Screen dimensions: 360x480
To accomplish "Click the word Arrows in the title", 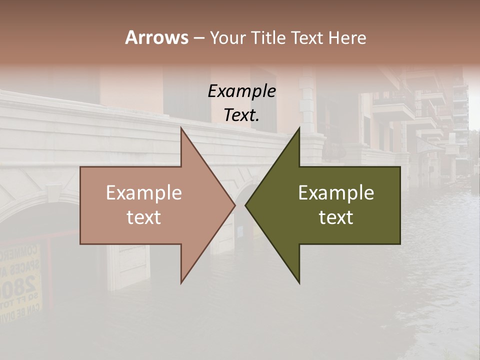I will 156,37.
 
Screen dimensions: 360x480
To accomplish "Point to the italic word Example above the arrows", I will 241,91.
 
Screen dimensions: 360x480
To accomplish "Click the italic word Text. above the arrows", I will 241,115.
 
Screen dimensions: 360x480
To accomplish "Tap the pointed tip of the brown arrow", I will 234,205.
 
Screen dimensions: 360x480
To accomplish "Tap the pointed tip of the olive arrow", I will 246,205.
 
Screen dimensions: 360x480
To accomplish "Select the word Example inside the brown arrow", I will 144,193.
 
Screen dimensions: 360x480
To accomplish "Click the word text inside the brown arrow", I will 144,217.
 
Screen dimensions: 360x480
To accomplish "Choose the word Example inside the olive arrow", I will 336,193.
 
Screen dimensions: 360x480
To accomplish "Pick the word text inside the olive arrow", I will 336,217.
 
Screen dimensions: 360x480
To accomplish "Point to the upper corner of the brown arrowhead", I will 181,128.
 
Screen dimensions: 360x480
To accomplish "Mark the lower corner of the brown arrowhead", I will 181,283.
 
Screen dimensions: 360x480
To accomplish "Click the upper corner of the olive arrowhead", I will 299,128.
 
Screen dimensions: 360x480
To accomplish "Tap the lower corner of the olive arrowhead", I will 299,283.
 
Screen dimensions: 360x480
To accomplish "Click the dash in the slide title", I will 198,38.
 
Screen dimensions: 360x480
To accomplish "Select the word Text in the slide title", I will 306,37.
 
